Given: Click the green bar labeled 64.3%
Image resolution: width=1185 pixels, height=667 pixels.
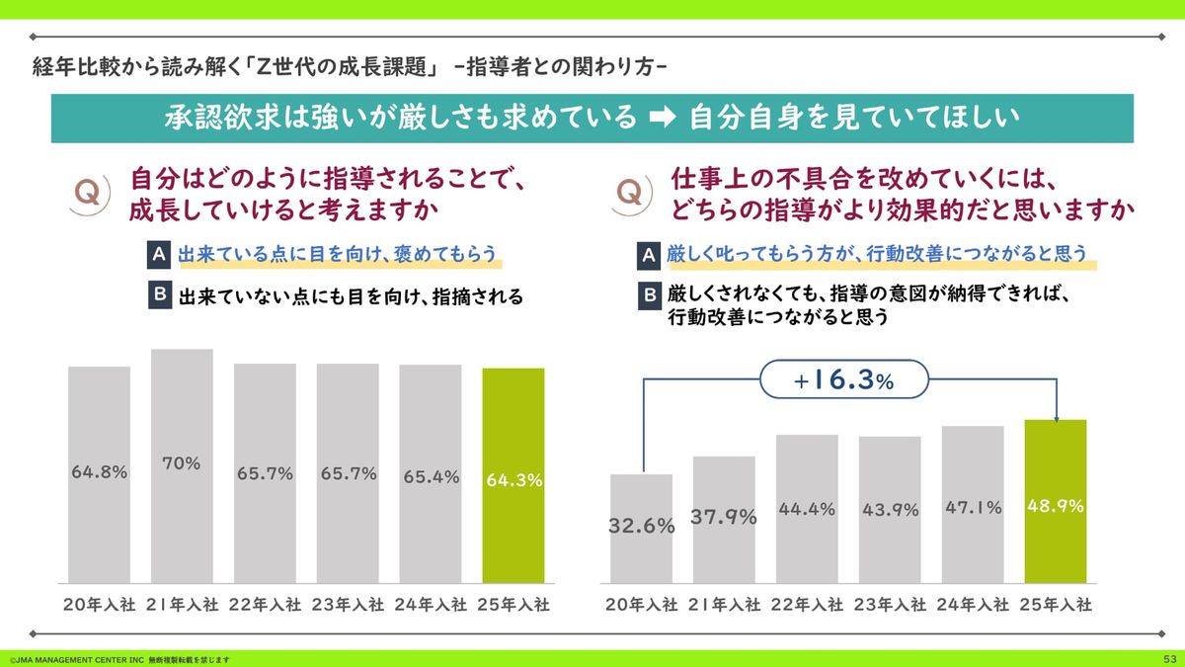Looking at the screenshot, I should [513, 475].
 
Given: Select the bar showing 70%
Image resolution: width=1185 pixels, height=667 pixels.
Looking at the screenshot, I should [182, 465].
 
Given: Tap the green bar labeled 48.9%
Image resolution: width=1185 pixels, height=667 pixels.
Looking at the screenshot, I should [1055, 501].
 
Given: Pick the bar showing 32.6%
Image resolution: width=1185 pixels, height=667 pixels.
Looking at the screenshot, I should [641, 529].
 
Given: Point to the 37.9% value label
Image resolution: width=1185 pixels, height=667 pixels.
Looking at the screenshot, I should [724, 517].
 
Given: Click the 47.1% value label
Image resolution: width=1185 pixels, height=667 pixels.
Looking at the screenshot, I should [973, 508].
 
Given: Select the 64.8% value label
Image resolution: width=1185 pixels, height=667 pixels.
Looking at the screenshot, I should [99, 472].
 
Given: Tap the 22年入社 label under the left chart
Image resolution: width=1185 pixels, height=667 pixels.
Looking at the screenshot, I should [265, 605].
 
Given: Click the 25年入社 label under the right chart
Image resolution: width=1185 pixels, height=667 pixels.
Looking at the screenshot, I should [1056, 605].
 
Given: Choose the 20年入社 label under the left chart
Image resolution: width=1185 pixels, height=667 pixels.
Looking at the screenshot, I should [99, 605].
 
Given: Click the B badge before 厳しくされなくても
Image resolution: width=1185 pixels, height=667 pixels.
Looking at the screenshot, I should [650, 293].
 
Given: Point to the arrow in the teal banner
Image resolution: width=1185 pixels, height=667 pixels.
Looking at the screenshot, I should [663, 118].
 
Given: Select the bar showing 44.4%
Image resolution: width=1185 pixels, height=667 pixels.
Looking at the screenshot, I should [807, 509].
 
